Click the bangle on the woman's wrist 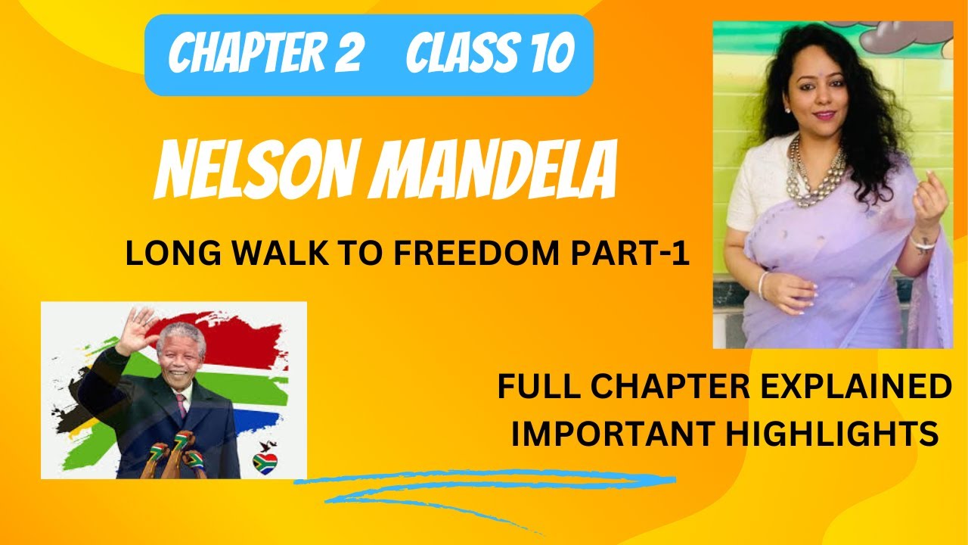point(920,244)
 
